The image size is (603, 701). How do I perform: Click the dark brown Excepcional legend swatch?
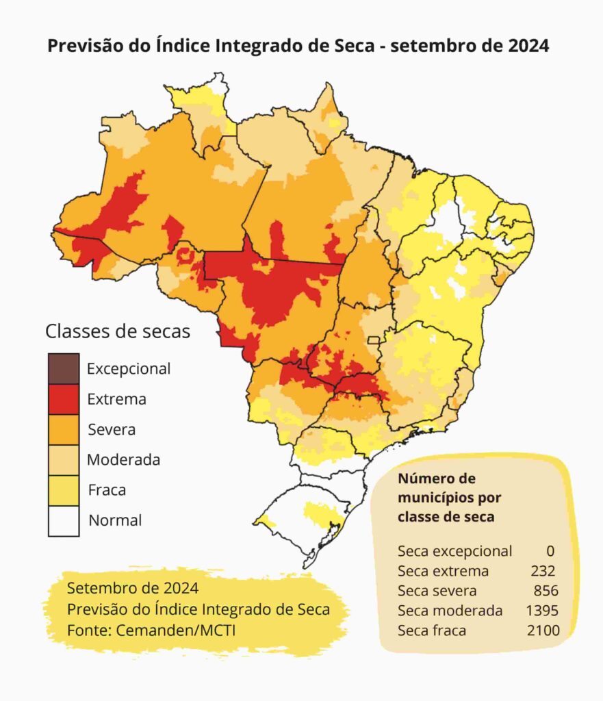click(64, 369)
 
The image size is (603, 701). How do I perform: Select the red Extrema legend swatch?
click(64, 399)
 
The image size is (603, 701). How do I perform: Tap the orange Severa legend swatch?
click(64, 429)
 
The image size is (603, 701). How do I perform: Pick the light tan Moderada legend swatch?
click(64, 459)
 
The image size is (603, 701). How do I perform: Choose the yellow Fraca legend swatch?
click(64, 489)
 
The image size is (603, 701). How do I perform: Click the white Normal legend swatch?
click(64, 520)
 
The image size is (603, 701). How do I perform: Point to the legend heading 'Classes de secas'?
click(118, 331)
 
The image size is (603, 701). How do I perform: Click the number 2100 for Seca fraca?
click(543, 630)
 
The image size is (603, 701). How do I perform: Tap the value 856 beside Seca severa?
click(546, 591)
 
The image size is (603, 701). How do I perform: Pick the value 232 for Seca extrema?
click(543, 571)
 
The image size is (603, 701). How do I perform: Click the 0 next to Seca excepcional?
click(550, 551)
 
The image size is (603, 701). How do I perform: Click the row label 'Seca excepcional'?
click(454, 551)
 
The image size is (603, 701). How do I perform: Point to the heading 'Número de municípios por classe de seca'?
click(446, 498)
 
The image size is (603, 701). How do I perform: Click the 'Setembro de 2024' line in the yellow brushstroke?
click(133, 588)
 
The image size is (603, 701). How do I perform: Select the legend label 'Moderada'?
click(123, 459)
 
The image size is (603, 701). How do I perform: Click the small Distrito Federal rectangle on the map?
click(374, 340)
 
